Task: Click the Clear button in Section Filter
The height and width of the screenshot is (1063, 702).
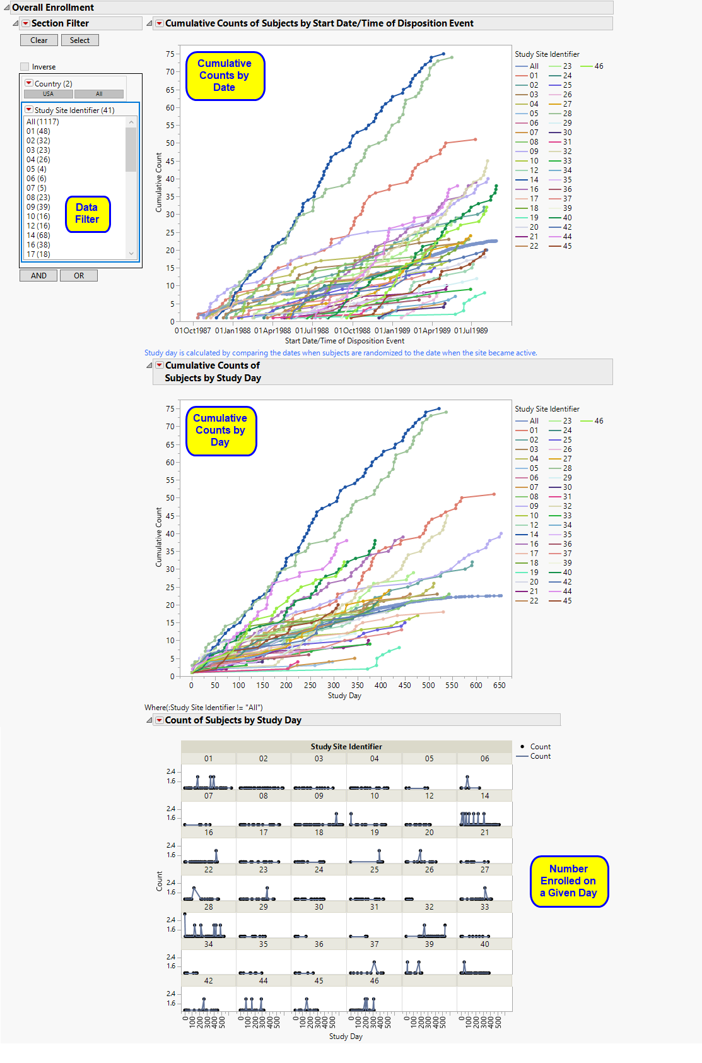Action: tap(38, 40)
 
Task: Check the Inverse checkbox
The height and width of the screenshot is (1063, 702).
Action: tap(25, 67)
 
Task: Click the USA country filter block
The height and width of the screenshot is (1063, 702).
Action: tap(48, 94)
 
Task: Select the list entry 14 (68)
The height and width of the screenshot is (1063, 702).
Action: tap(38, 235)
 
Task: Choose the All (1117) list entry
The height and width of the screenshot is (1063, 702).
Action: tap(42, 122)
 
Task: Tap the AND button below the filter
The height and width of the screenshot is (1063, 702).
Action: tap(38, 276)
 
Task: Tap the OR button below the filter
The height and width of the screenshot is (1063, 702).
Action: tap(78, 276)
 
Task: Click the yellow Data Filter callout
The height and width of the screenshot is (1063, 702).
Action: tap(87, 214)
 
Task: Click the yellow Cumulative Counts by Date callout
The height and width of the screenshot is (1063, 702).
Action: tap(225, 76)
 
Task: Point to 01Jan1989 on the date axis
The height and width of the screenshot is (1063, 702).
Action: tap(392, 331)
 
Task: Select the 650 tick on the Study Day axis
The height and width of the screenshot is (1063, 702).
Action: tap(499, 686)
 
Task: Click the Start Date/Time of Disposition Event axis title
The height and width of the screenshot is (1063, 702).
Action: tap(344, 341)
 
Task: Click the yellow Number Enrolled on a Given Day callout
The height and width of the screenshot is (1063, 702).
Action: tap(568, 881)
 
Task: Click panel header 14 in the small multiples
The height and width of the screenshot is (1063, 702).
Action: tap(484, 796)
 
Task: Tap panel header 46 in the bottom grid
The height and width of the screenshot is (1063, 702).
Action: tap(374, 981)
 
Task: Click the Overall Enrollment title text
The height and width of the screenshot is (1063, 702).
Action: tap(53, 8)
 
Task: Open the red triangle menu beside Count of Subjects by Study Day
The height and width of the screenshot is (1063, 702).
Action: tap(160, 720)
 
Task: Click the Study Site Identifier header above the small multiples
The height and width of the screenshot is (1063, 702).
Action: tap(346, 747)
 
